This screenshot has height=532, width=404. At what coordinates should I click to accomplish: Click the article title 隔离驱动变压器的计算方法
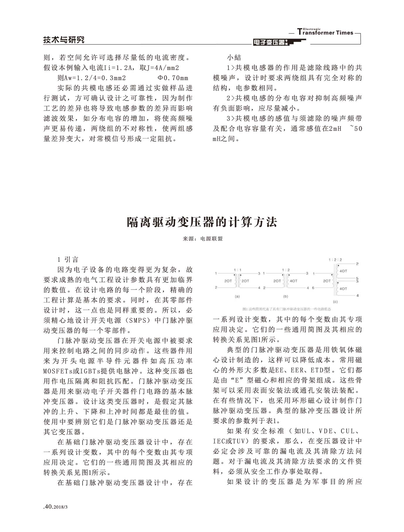tap(202, 222)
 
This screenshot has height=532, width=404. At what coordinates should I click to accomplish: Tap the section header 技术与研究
tap(64, 40)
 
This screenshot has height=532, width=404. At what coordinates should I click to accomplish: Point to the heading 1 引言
tap(68, 259)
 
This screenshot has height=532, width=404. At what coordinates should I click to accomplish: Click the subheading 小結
tap(234, 58)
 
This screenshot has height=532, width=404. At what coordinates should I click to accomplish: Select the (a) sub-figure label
tap(237, 296)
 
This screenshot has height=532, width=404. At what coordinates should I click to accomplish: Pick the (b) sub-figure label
tap(285, 296)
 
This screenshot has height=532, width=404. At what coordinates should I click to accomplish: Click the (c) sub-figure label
tap(335, 302)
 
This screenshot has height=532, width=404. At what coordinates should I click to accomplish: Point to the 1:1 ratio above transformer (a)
tap(238, 270)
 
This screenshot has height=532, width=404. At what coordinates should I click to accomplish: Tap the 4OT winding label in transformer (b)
tap(293, 281)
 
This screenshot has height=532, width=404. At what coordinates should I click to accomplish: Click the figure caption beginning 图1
tap(287, 309)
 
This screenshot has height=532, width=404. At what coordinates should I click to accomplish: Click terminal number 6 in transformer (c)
tap(313, 288)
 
